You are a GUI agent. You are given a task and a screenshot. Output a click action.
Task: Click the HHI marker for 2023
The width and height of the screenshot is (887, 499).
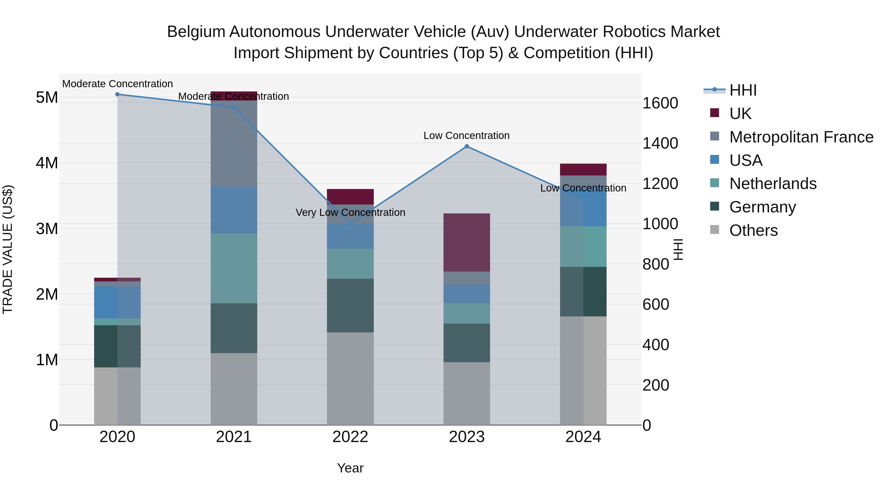click(467, 146)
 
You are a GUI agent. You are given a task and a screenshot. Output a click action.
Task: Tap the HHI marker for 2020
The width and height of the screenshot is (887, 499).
click(118, 94)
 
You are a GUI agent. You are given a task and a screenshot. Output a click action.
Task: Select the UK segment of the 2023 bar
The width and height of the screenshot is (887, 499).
click(467, 242)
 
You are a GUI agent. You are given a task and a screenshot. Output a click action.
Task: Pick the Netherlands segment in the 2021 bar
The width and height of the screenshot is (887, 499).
click(234, 268)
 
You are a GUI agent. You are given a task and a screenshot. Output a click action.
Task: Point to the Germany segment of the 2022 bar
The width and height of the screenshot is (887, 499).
click(350, 306)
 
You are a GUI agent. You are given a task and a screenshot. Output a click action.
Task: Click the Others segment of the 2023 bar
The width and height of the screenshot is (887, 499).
click(467, 393)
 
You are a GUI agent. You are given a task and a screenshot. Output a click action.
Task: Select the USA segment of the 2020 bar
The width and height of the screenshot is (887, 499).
click(118, 302)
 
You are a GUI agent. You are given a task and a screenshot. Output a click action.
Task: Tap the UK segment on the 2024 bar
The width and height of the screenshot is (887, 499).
click(583, 170)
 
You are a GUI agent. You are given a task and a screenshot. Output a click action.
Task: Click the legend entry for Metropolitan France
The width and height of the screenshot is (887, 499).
click(801, 137)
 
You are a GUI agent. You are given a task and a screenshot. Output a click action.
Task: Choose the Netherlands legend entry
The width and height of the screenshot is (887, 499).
click(773, 184)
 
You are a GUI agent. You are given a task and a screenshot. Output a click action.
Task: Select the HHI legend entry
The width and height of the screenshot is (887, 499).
click(743, 90)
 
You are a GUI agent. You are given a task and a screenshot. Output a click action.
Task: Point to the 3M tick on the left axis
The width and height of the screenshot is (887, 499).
click(47, 229)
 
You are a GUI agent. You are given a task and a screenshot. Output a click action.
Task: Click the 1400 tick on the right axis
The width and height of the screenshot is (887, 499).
click(660, 143)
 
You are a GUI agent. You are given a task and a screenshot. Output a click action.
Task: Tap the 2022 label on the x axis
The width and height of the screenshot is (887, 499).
click(350, 437)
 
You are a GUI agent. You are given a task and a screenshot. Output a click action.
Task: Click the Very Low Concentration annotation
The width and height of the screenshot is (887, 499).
click(350, 212)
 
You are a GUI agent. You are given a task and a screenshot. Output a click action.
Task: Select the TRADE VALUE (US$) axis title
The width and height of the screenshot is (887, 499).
click(8, 249)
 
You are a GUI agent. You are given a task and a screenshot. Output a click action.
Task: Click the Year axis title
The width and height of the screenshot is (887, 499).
click(350, 468)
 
